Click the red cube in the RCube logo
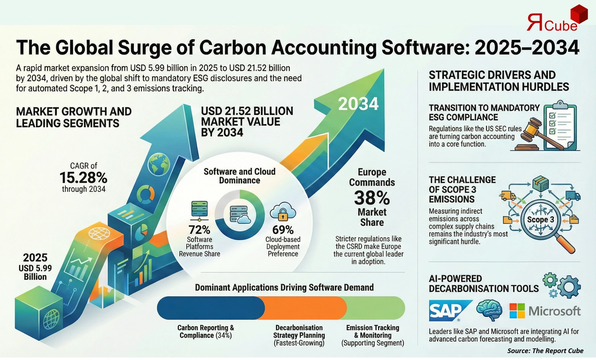pos(579,15)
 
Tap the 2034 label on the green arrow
pos(358,104)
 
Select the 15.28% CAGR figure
pos(83,178)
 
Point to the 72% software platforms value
pos(199,230)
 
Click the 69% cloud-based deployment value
pos(283,230)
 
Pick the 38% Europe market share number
pos(372,198)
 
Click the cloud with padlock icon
pos(283,212)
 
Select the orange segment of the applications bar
pos(306,308)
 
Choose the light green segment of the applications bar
pos(376,308)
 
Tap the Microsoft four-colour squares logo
pos(517,311)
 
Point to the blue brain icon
pos(489,310)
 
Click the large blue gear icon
pos(569,286)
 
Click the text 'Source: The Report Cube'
pos(545,351)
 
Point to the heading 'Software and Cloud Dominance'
pos(239,176)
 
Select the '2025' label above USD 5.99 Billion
pos(35,258)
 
